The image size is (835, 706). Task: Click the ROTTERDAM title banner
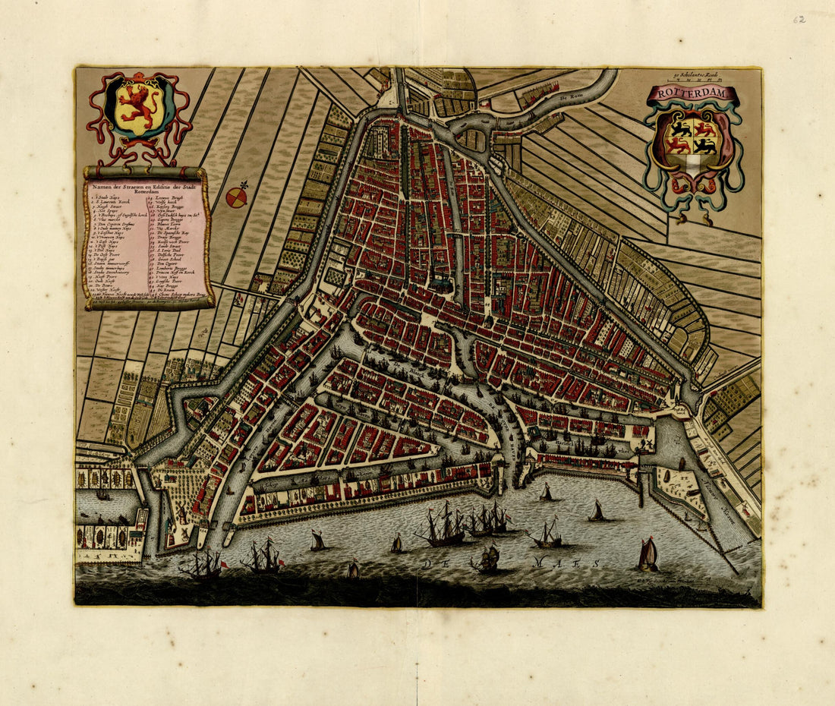pos(693,94)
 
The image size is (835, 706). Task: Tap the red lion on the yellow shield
pos(139,107)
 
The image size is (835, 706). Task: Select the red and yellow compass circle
pos(236,198)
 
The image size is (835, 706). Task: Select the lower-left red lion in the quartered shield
pos(679,144)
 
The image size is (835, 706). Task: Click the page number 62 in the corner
pos(799,19)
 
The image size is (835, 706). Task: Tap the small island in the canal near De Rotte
pos(474,139)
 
